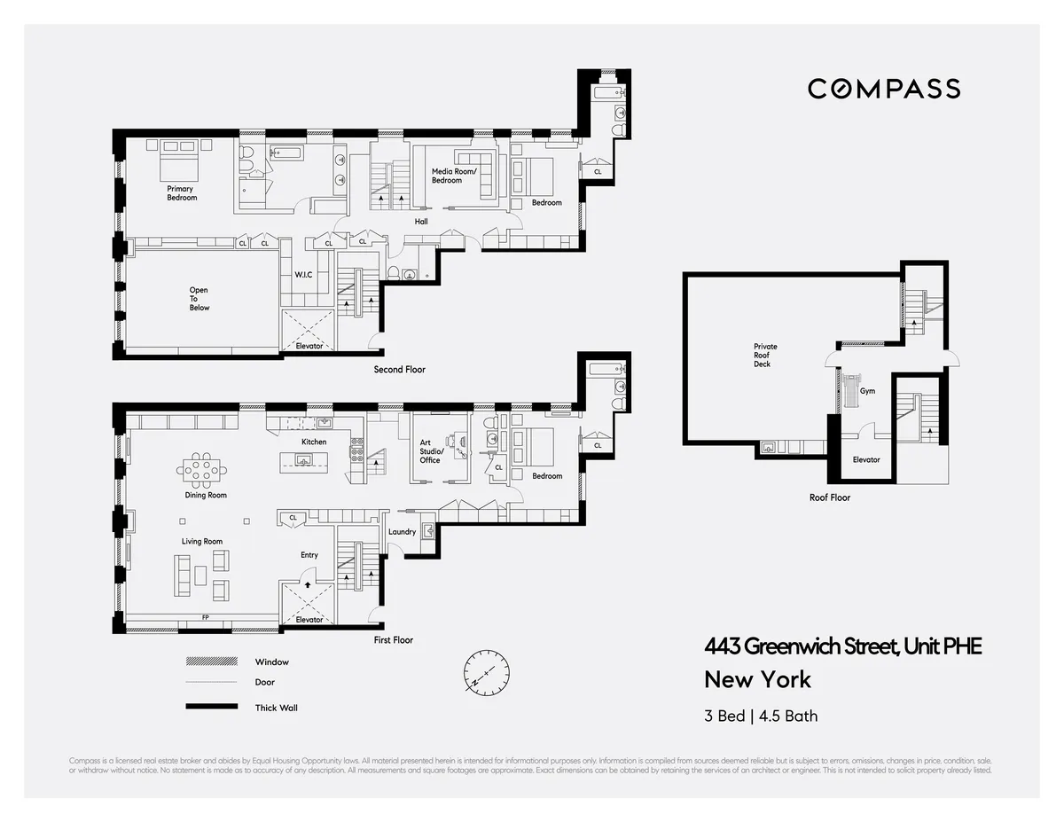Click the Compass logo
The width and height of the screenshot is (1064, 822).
click(x=883, y=89)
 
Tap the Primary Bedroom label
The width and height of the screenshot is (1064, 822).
click(x=182, y=193)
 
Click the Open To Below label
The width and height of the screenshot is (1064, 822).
click(x=199, y=299)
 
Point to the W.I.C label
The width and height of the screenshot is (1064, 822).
click(x=303, y=275)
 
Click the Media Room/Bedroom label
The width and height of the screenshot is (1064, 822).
click(x=453, y=176)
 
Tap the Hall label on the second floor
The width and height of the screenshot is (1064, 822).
click(x=421, y=222)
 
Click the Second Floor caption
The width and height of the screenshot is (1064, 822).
click(x=399, y=370)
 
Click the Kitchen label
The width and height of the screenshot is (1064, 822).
click(x=314, y=442)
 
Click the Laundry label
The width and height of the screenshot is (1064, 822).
click(x=402, y=532)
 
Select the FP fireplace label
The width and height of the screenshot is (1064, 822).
click(x=206, y=617)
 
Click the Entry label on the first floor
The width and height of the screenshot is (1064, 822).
click(x=309, y=555)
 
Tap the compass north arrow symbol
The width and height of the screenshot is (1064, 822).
click(x=484, y=672)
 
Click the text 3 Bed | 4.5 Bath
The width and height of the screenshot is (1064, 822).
click(x=761, y=715)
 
